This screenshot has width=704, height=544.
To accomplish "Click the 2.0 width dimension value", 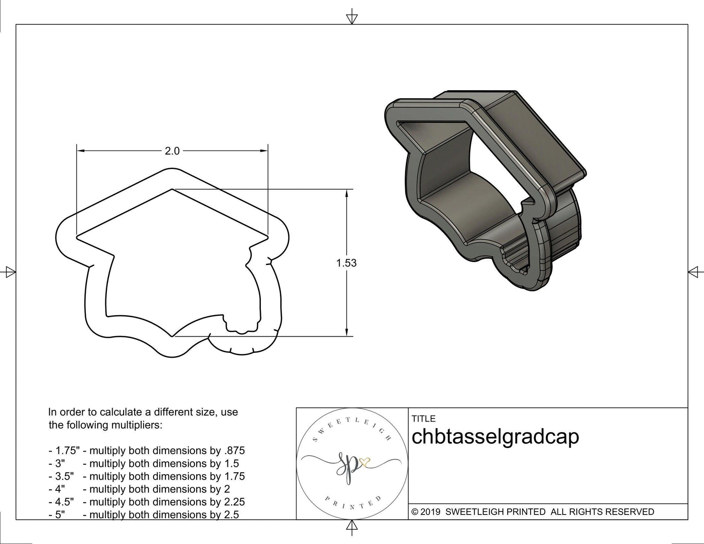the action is [172, 151].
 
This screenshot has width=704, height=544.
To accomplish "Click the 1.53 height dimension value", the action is [346, 263].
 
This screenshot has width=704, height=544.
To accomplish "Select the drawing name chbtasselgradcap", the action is [495, 437].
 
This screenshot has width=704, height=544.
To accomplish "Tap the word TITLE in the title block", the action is [423, 419].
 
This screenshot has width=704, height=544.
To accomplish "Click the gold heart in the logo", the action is [366, 461].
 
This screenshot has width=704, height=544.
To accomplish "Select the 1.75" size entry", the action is [64, 451].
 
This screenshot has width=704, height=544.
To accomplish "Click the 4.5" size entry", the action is [61, 502].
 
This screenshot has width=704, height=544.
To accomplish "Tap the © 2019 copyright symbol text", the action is [426, 512].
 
